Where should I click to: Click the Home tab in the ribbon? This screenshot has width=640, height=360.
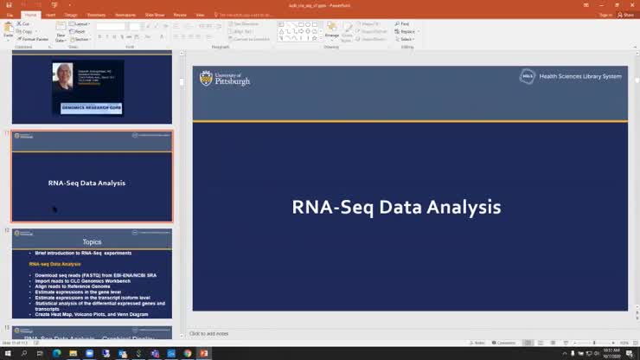coord(31,15)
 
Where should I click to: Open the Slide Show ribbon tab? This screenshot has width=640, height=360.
coord(155,15)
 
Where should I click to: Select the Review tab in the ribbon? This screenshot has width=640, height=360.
coord(180,15)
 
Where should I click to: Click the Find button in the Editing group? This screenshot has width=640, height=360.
coord(404,23)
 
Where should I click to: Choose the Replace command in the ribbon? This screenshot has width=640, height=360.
coord(406,31)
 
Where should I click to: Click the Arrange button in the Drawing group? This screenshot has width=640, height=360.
coord(332,35)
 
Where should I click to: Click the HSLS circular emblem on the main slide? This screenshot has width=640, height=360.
coord(528,77)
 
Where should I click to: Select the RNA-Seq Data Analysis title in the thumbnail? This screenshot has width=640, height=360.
coord(86,183)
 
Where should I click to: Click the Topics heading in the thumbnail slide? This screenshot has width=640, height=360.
coord(92,241)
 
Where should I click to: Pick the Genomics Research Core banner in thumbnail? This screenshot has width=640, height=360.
coord(91,108)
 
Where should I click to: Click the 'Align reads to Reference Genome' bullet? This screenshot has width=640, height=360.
coord(74,286)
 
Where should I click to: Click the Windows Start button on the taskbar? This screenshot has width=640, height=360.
coord(7,353)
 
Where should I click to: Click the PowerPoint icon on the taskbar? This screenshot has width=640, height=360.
coord(204,353)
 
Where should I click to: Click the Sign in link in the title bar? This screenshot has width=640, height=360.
coord(581,15)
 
